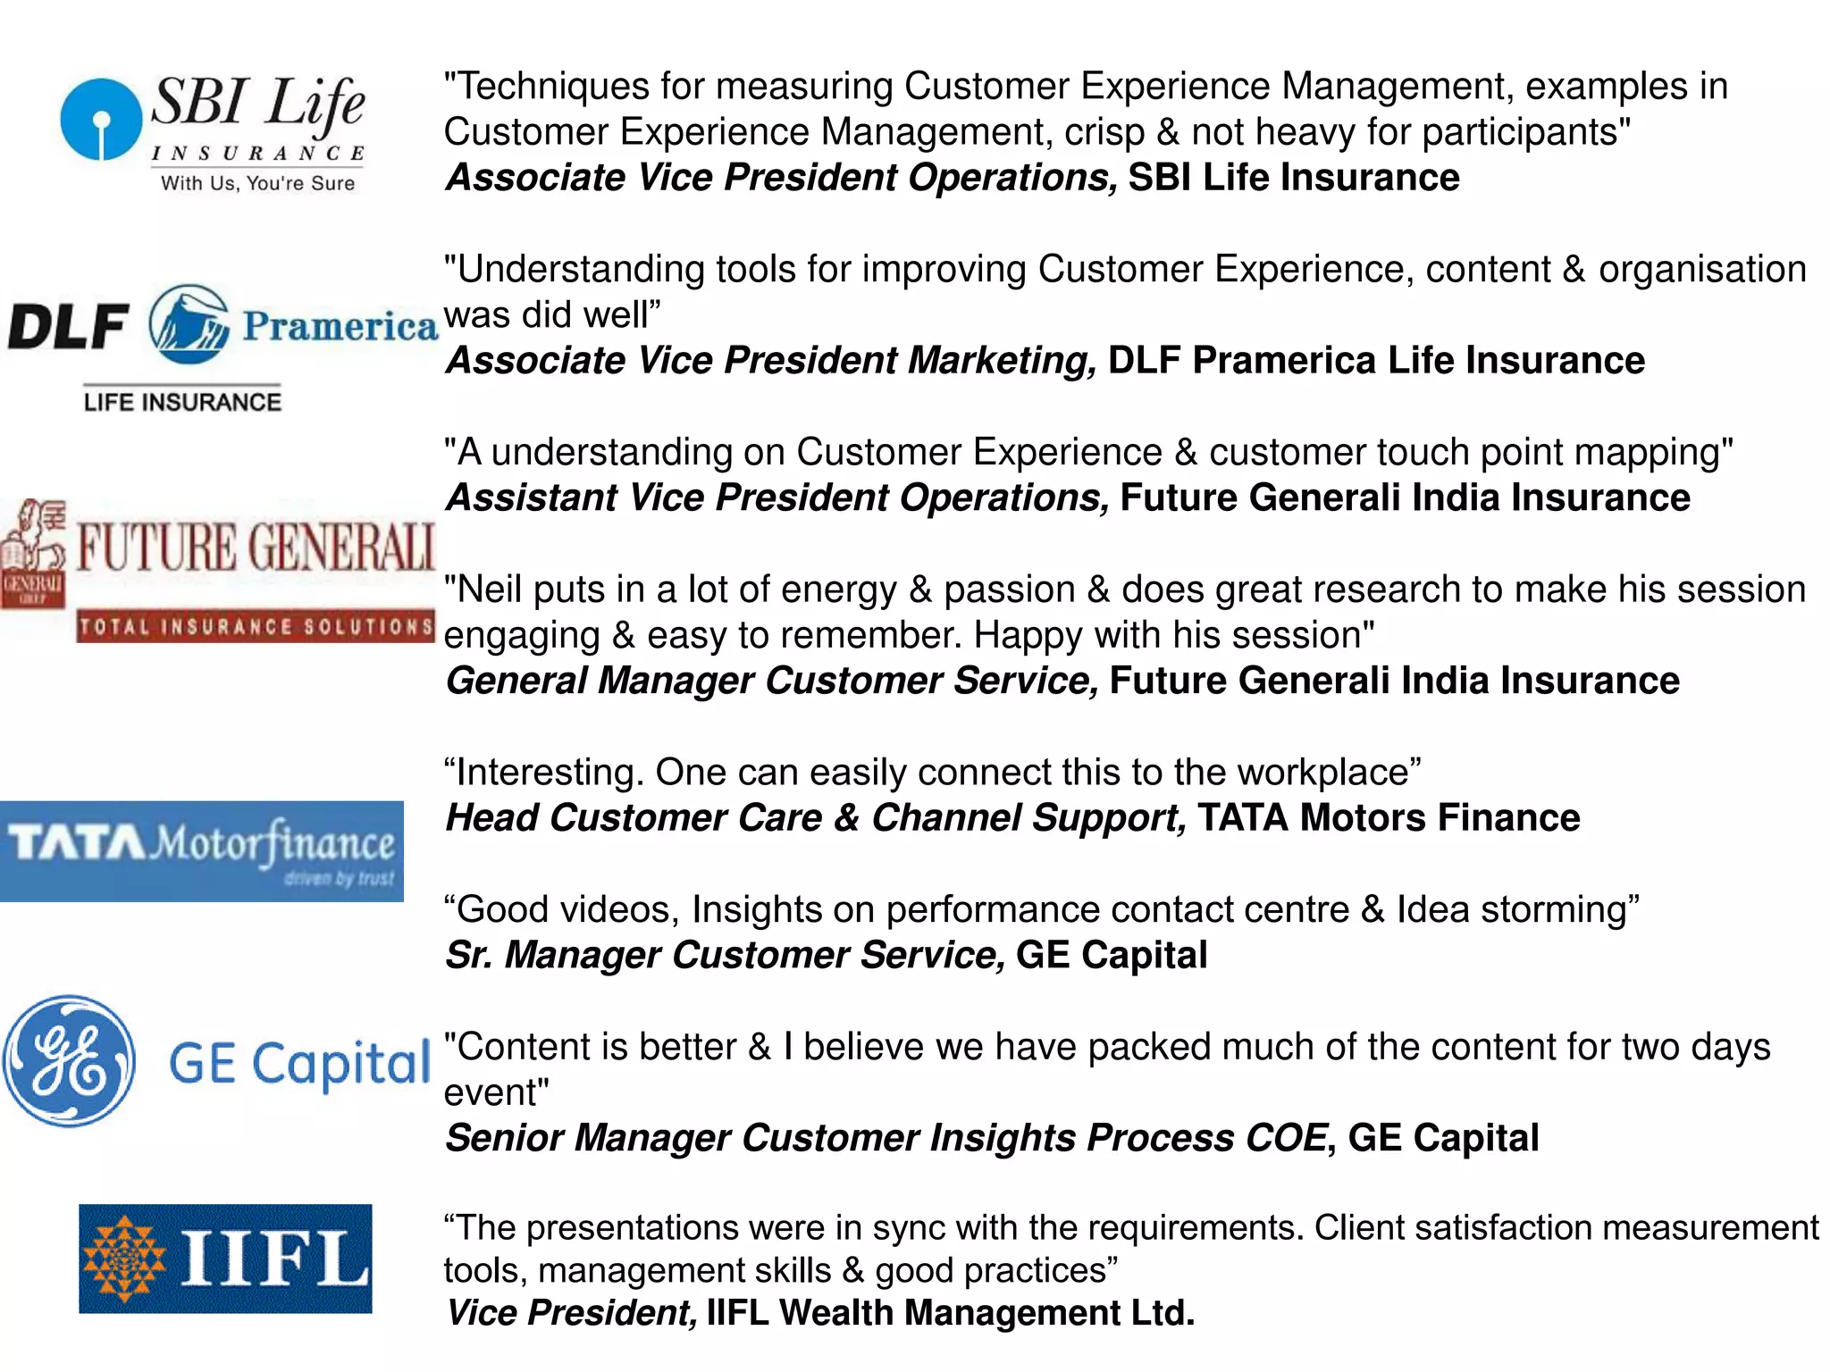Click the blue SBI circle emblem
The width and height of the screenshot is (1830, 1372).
(101, 120)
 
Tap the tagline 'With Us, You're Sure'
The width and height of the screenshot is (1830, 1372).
(257, 183)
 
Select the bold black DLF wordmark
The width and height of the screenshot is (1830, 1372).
(68, 326)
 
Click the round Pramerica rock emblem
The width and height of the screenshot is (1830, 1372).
(189, 324)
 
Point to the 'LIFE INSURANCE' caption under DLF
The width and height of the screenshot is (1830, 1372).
(182, 402)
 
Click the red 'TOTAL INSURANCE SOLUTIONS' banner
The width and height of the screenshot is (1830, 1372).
(256, 626)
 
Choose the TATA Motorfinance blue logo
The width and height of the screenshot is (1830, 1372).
(202, 851)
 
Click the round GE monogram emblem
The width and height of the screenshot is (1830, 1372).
(69, 1061)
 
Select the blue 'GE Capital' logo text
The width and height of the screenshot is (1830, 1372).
(300, 1064)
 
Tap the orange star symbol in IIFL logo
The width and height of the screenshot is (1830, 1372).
(124, 1259)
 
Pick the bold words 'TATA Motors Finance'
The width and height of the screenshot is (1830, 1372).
(1389, 818)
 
